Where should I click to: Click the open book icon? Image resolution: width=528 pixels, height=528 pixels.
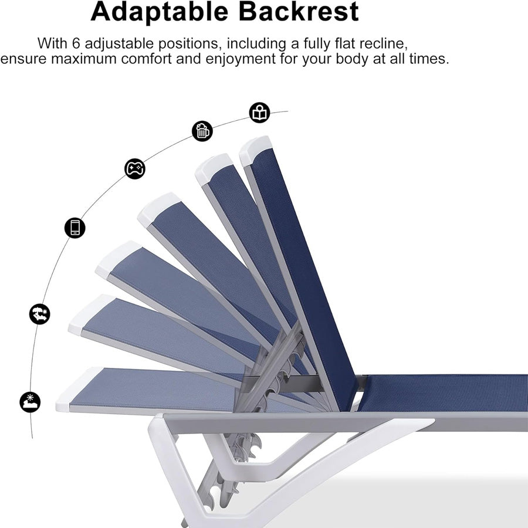click(x=260, y=113)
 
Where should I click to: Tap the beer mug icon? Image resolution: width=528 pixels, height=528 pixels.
click(x=202, y=131)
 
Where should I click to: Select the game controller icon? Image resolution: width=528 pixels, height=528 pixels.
click(x=135, y=168)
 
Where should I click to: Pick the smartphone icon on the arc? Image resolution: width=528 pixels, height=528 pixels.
click(x=75, y=228)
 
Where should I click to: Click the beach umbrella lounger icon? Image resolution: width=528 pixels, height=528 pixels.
click(x=40, y=314)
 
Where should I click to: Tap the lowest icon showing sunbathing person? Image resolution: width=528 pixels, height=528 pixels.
click(x=30, y=402)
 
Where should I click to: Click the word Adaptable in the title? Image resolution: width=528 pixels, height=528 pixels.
click(x=160, y=12)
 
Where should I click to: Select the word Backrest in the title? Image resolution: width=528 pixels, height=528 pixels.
click(x=299, y=12)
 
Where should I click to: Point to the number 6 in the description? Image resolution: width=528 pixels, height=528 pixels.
click(x=76, y=43)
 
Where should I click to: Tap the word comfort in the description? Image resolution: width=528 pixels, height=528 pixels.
click(x=146, y=59)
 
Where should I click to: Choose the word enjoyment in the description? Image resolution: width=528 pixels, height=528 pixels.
click(x=241, y=59)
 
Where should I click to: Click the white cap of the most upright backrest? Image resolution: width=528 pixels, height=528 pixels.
click(x=256, y=150)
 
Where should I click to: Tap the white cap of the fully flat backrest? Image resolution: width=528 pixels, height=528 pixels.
click(x=79, y=388)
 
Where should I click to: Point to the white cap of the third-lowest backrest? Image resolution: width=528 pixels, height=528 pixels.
click(x=118, y=259)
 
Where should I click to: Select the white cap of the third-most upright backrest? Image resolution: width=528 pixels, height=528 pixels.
click(x=159, y=209)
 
